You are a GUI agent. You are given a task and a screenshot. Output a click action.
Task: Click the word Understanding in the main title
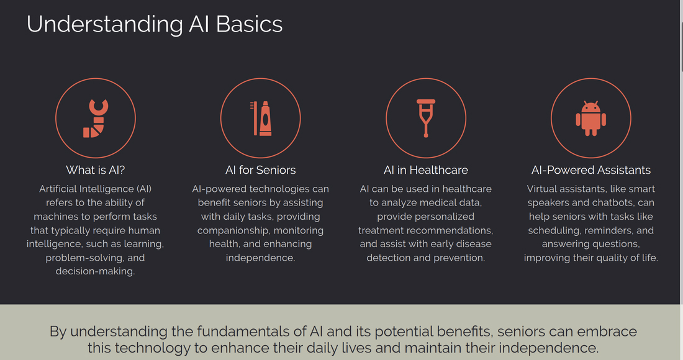(104, 24)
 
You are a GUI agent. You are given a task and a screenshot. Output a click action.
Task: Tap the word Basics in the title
(249, 24)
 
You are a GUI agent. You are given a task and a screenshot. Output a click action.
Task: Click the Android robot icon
(590, 119)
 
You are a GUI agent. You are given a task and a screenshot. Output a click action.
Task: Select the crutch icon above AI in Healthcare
(425, 119)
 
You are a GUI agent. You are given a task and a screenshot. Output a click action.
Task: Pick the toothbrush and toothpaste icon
(261, 119)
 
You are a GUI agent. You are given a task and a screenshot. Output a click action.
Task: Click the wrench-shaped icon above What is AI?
(96, 119)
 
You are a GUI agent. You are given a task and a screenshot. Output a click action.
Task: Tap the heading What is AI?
(96, 170)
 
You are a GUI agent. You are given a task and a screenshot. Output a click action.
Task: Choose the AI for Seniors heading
(261, 170)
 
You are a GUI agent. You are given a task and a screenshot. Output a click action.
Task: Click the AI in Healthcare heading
(425, 170)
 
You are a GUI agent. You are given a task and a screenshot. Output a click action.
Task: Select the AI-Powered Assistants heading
(590, 170)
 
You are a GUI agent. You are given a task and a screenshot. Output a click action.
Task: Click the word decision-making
(96, 271)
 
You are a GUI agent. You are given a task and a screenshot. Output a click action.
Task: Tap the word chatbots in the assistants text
(613, 202)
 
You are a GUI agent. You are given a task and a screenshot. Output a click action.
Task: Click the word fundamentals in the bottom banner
(242, 331)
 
